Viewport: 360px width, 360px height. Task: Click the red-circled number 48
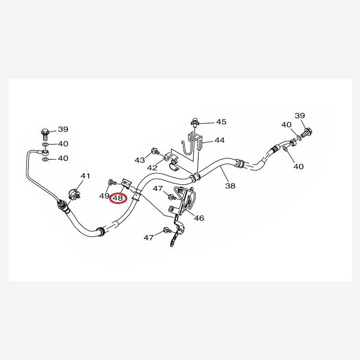click(118, 198)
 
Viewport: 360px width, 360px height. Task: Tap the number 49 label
click(104, 196)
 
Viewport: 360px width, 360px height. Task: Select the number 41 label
click(85, 176)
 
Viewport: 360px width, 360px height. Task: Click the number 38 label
click(230, 185)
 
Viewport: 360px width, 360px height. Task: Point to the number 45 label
click(221, 122)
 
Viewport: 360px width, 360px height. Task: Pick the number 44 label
click(220, 140)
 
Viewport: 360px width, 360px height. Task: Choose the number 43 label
click(140, 160)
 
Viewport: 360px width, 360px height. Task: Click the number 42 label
click(152, 168)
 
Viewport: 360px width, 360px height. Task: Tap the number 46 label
click(199, 218)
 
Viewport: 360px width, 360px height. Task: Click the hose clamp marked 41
click(74, 195)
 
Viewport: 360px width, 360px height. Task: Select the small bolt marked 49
click(111, 182)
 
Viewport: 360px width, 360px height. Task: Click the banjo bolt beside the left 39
click(45, 134)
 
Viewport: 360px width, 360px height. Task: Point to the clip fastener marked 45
click(194, 122)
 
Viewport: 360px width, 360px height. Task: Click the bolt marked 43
click(155, 151)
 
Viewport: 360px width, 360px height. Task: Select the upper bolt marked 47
click(172, 197)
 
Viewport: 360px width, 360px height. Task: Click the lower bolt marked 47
click(167, 230)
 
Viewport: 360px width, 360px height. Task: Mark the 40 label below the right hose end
click(298, 166)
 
